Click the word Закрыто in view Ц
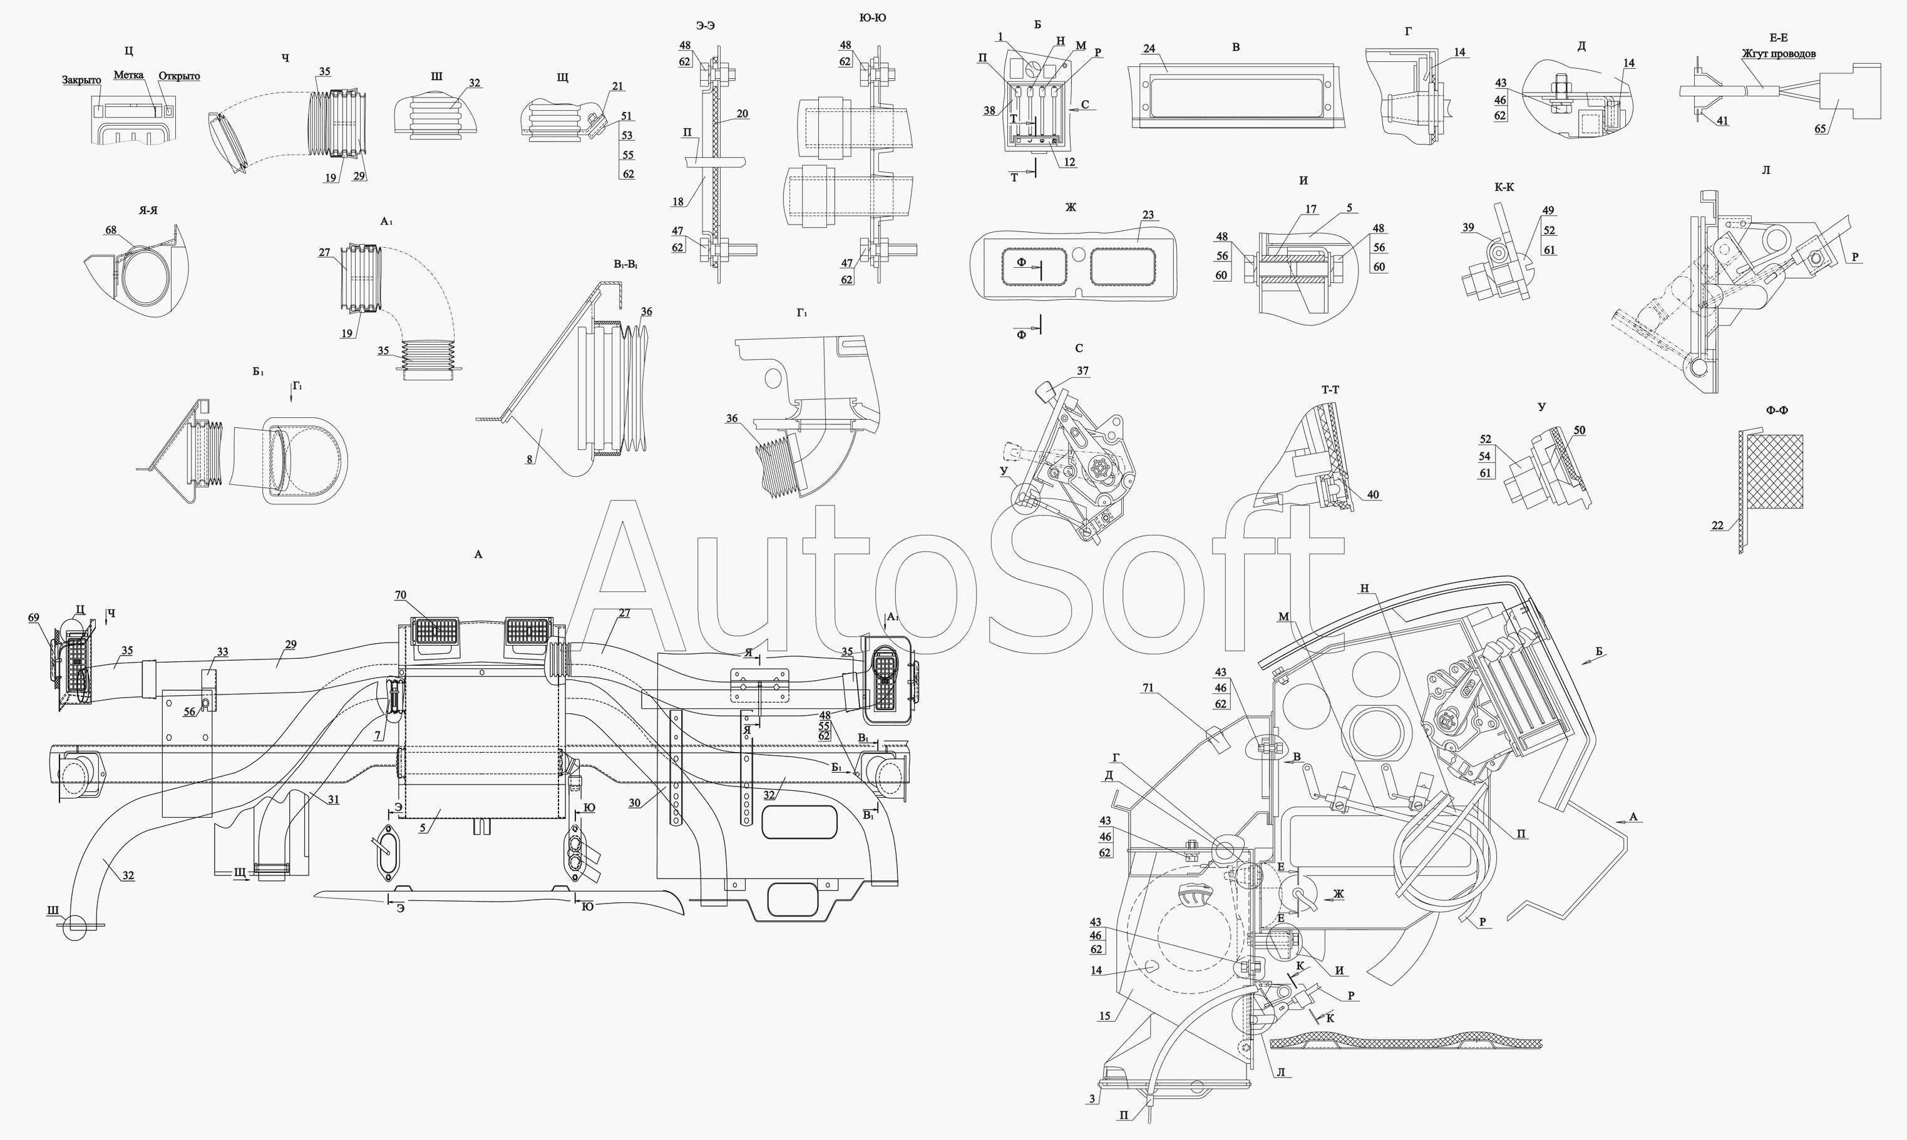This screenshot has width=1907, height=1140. tap(81, 81)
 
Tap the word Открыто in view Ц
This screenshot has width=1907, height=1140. tap(179, 76)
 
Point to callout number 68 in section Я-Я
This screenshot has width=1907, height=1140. tap(111, 230)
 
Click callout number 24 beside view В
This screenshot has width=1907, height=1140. tap(1148, 48)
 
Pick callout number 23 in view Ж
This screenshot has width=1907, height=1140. tap(1148, 215)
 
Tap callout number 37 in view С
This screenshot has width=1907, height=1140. tap(1082, 371)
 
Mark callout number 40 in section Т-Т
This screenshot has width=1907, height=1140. tap(1373, 495)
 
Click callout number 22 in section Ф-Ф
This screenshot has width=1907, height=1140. tap(1717, 526)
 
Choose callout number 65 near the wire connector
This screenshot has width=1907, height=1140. tap(1820, 129)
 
